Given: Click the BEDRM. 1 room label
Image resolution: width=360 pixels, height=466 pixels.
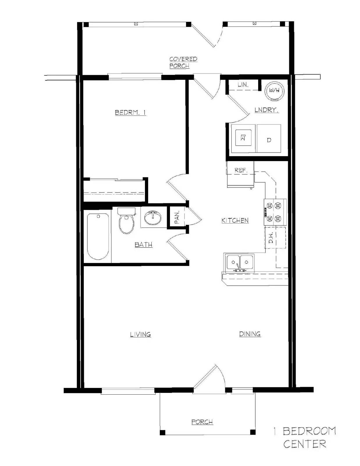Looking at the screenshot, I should click(x=130, y=112).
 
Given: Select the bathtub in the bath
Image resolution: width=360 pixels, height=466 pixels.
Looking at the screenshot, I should click(x=98, y=237).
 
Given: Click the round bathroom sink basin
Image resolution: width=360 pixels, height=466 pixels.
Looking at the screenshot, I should click(x=152, y=218).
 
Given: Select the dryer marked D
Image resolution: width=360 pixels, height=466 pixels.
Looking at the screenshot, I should click(x=269, y=140).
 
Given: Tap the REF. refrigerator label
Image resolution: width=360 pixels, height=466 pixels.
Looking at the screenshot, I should click(x=241, y=170).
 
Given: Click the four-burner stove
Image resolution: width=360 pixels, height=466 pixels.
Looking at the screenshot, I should click(x=275, y=212).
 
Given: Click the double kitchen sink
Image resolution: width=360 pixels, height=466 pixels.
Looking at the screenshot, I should click(x=240, y=263).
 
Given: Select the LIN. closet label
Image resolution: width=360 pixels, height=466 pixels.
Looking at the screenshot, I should click(x=243, y=85).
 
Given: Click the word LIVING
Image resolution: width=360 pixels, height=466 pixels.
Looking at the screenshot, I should click(x=141, y=334).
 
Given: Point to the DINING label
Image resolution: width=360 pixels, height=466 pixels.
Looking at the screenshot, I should click(x=250, y=334).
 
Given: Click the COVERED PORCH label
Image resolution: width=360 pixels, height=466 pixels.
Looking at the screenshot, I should click(x=183, y=62).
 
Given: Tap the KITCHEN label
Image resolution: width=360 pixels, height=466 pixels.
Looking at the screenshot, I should click(x=235, y=220).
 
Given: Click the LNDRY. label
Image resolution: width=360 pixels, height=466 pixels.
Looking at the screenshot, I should click(x=267, y=110).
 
